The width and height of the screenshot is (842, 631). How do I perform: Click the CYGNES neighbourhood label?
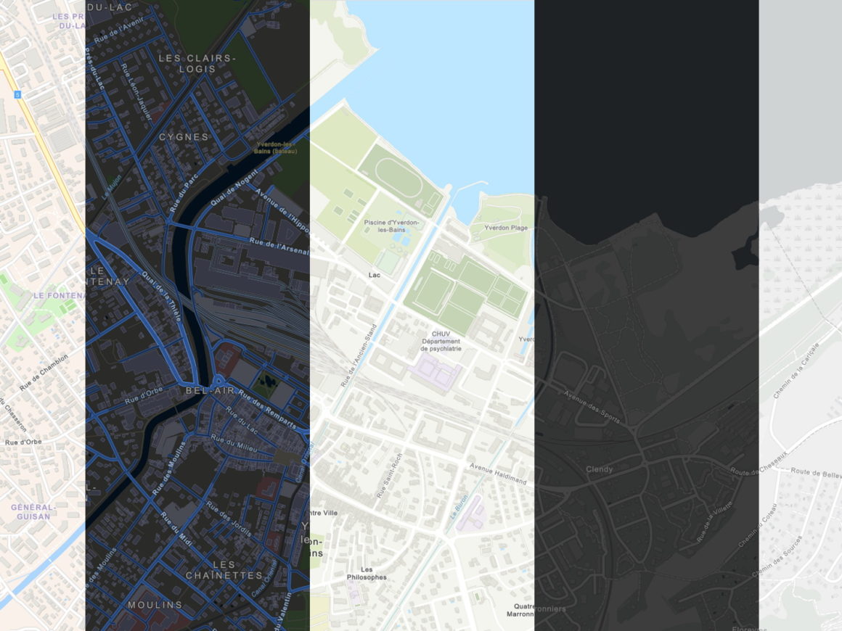(184, 136)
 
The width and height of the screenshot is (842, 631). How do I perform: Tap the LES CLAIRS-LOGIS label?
(197, 63)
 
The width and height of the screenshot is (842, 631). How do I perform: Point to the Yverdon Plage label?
(506, 228)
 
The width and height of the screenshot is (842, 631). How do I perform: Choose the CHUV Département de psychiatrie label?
(441, 341)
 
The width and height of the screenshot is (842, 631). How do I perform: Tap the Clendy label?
(599, 469)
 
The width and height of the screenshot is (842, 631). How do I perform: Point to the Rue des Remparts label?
(267, 411)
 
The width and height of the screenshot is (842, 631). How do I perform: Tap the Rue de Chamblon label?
(44, 372)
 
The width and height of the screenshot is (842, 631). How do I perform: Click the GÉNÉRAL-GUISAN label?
(33, 511)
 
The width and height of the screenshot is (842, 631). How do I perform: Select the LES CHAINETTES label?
(224, 569)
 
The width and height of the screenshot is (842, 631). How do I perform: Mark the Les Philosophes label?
(373, 573)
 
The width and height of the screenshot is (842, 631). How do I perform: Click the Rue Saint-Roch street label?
(388, 476)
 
